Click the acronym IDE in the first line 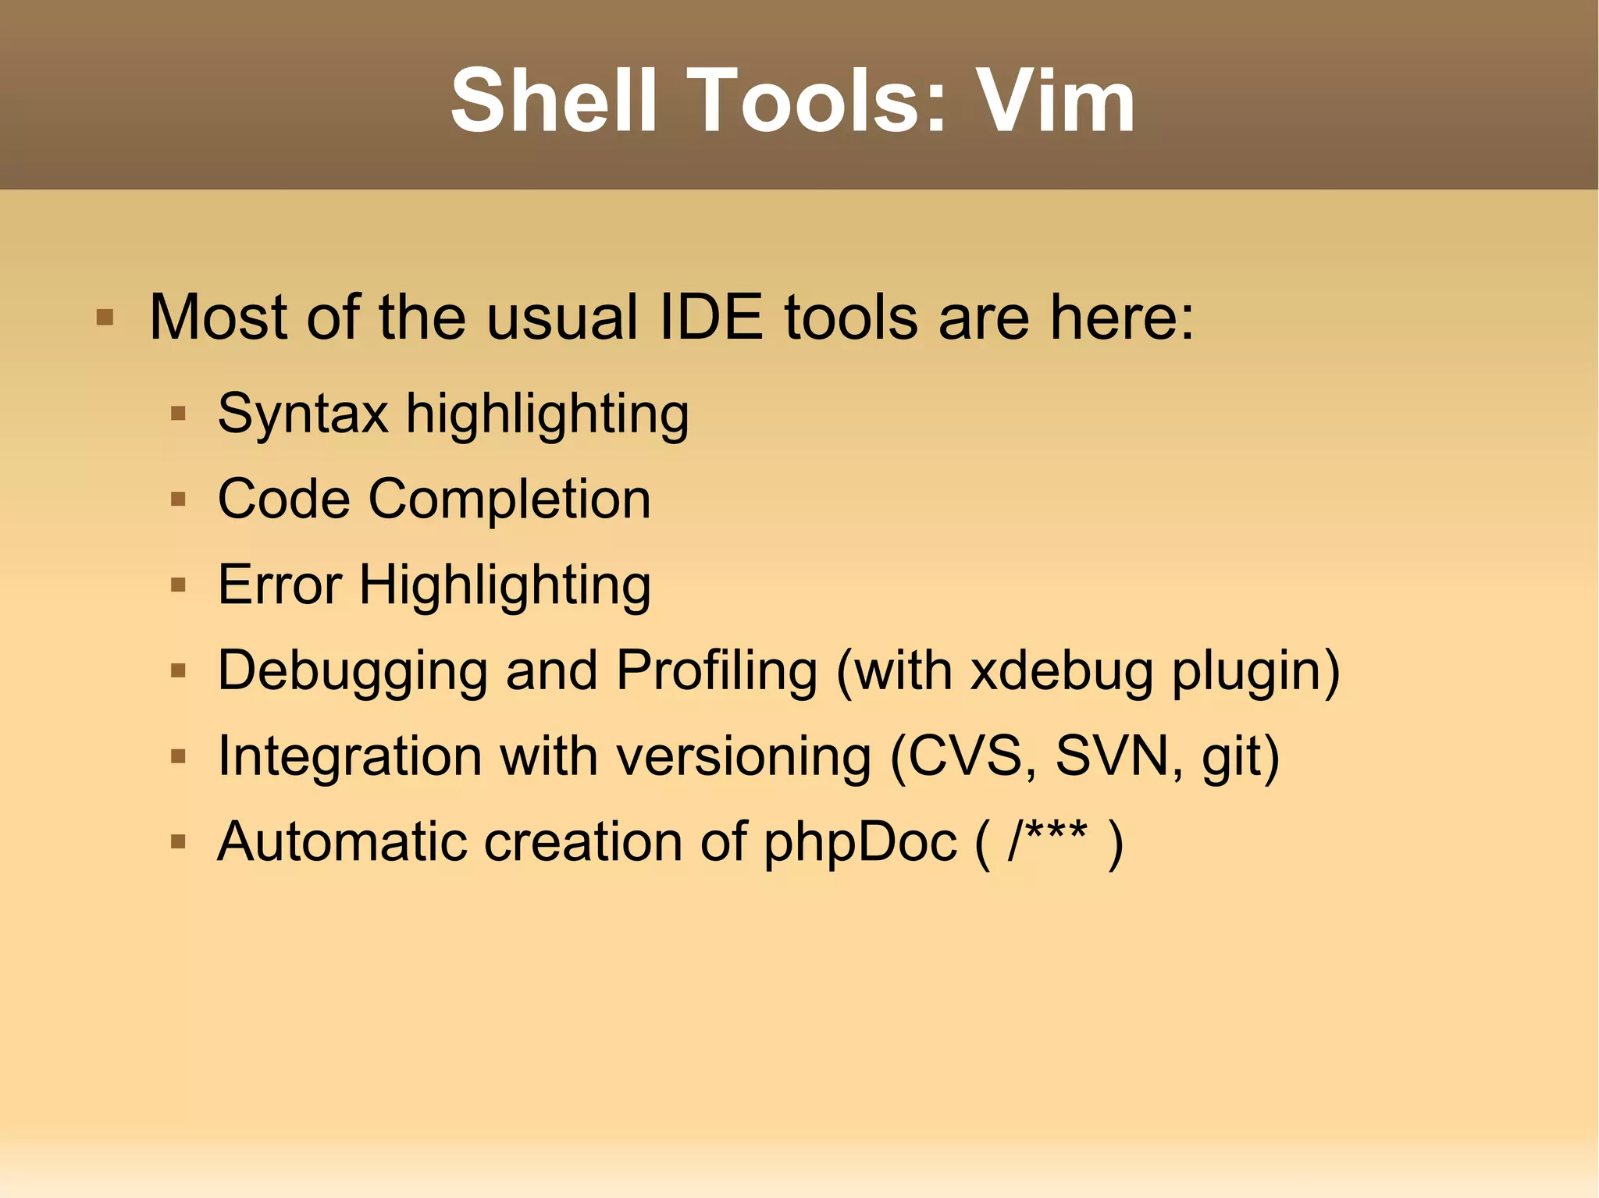[x=710, y=318]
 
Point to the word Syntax [x=303, y=414]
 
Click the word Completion [x=509, y=499]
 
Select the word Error [x=280, y=585]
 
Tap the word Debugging [x=352, y=671]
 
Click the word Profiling [x=716, y=670]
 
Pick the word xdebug [x=1061, y=671]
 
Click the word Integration [x=350, y=756]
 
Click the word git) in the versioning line [x=1241, y=758]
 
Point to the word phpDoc [x=860, y=843]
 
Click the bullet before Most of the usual [x=105, y=318]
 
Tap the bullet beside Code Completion [x=178, y=499]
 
